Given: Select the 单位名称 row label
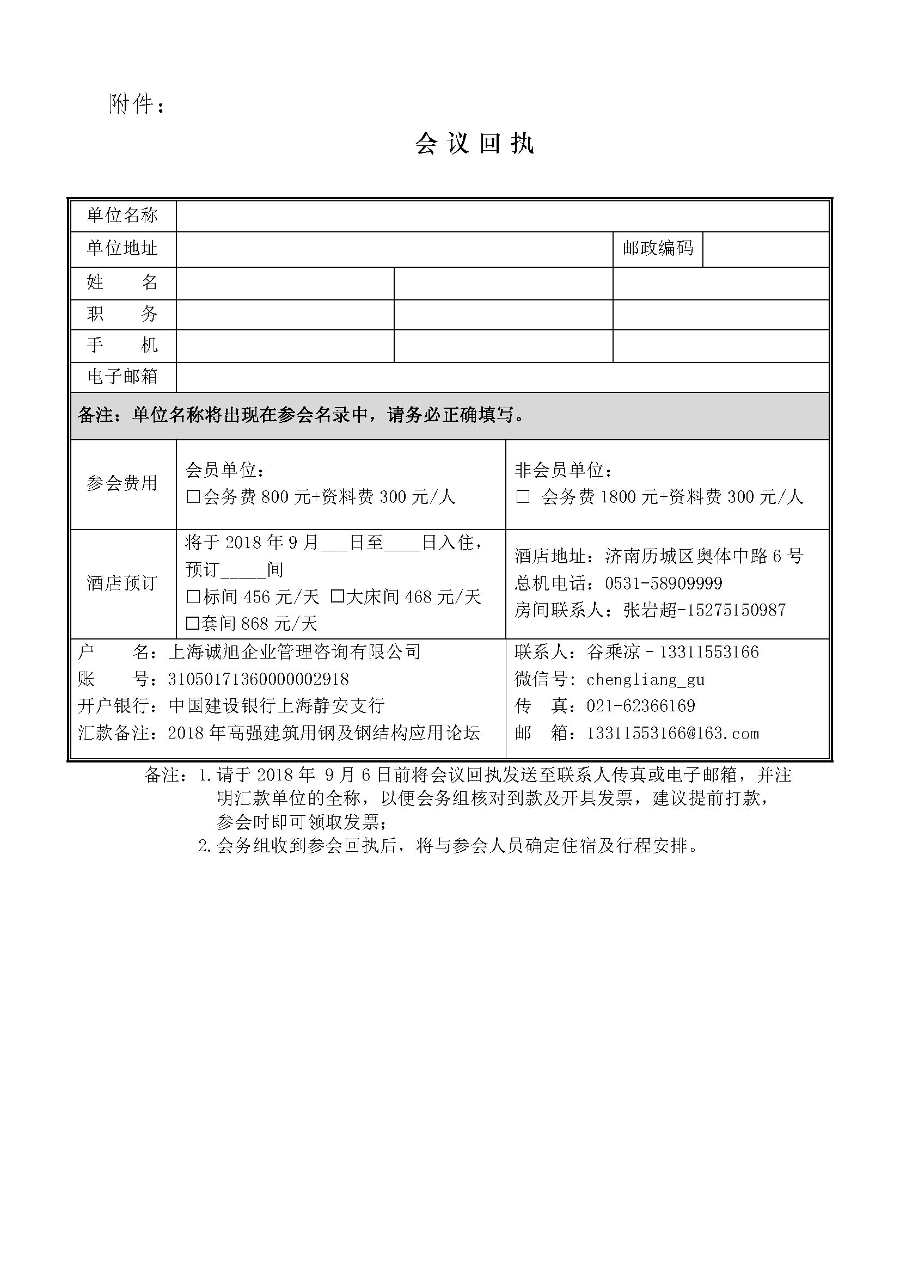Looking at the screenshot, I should (x=122, y=216).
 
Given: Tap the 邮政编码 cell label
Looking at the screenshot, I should (x=657, y=248).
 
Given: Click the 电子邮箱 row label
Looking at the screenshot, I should (x=122, y=377).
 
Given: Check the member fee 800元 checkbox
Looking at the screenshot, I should (x=193, y=497).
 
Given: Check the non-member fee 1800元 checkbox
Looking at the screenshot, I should (x=522, y=497).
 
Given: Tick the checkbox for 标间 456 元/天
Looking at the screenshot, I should (x=193, y=597).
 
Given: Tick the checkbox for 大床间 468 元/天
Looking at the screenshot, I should (x=336, y=597).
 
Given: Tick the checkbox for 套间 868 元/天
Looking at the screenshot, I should (x=192, y=624).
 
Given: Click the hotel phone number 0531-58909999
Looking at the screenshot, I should (x=663, y=583).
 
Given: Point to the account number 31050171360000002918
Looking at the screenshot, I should (x=258, y=679).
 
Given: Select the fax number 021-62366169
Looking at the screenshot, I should (x=640, y=706).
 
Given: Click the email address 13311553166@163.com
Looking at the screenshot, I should (x=672, y=733).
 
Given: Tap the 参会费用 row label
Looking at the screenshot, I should (x=122, y=483).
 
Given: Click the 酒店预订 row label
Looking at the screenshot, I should (x=122, y=583).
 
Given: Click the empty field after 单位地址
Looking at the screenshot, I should (x=394, y=248).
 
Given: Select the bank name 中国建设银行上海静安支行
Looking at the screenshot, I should (x=276, y=706).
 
